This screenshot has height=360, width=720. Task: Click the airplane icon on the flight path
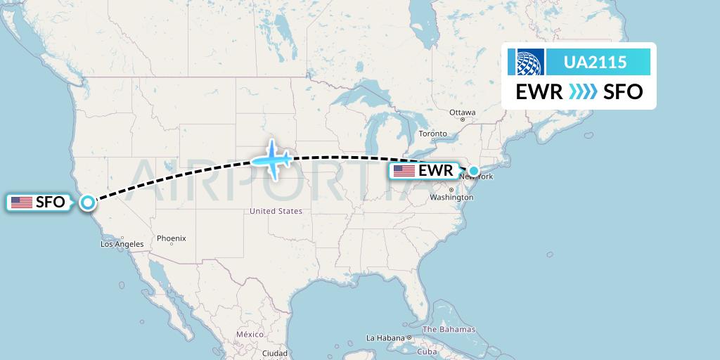(271, 158)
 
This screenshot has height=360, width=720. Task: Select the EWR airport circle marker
(474, 170)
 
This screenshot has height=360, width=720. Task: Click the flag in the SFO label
(22, 202)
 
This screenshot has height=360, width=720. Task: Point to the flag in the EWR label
(404, 170)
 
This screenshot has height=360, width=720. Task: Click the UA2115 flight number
(596, 63)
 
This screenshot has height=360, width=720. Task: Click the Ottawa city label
(463, 112)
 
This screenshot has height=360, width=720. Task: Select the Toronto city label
(432, 134)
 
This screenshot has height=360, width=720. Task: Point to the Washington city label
(451, 198)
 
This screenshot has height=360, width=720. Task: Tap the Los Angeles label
(122, 244)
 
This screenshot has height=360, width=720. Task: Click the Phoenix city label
(171, 238)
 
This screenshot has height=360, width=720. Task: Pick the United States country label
(276, 211)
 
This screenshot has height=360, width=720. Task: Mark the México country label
(250, 335)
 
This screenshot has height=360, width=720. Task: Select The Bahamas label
(449, 329)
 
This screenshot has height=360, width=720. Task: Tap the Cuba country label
(427, 352)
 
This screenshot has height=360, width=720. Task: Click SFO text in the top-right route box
(623, 92)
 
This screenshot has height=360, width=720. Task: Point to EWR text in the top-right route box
(539, 92)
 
